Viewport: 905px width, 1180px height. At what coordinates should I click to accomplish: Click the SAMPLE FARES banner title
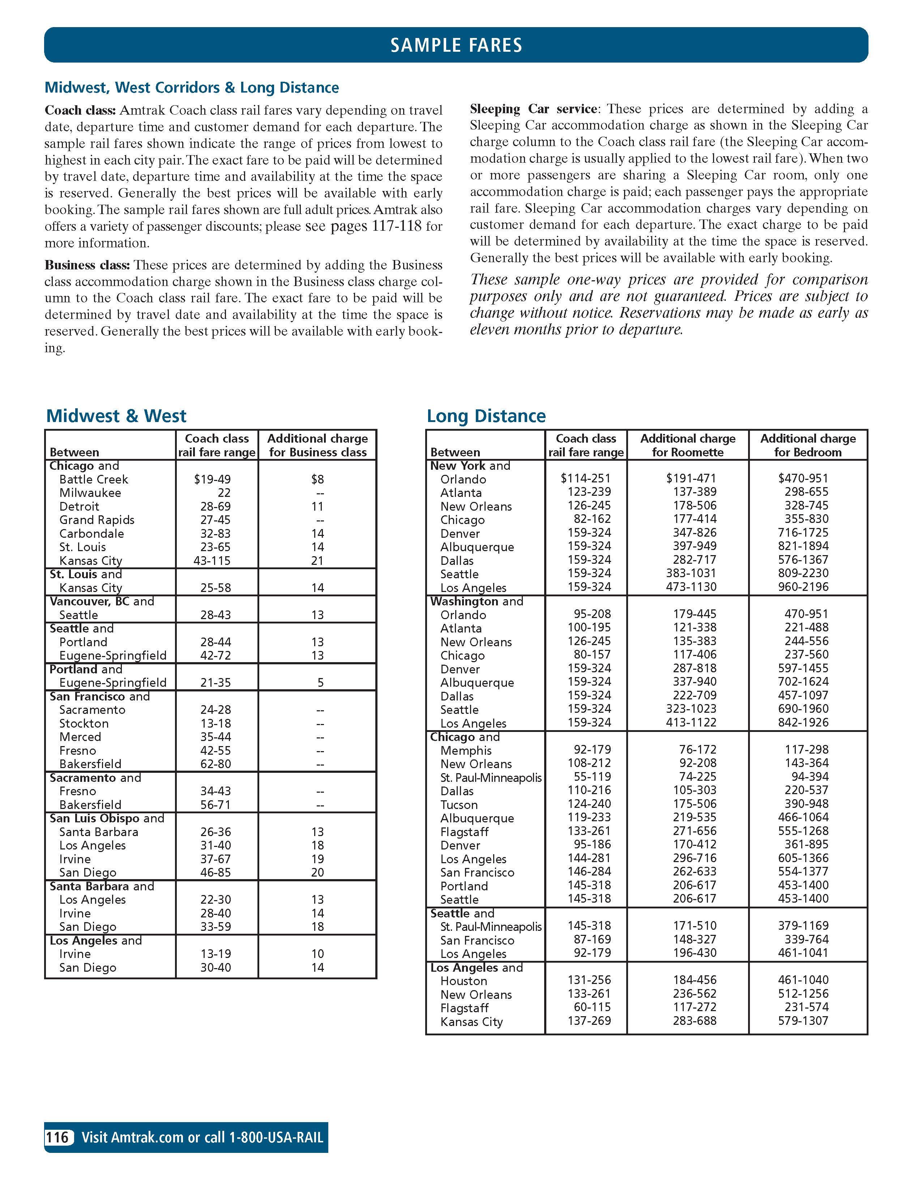[456, 45]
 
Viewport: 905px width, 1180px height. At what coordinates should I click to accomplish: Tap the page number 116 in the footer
[57, 1137]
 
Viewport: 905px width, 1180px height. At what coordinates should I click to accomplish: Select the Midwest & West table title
[116, 416]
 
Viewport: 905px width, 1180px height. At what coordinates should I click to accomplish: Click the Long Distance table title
[486, 416]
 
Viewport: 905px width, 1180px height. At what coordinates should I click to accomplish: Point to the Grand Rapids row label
[97, 520]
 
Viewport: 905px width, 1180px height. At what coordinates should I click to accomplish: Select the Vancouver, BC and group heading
[102, 601]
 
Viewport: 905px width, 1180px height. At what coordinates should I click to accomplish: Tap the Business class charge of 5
[320, 683]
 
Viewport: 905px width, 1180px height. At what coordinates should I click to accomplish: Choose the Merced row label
[80, 737]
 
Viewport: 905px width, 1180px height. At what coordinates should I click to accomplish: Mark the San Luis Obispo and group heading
[107, 818]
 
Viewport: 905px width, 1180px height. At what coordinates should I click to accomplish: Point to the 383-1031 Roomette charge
[691, 573]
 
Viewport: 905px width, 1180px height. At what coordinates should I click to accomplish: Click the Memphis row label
[466, 750]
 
